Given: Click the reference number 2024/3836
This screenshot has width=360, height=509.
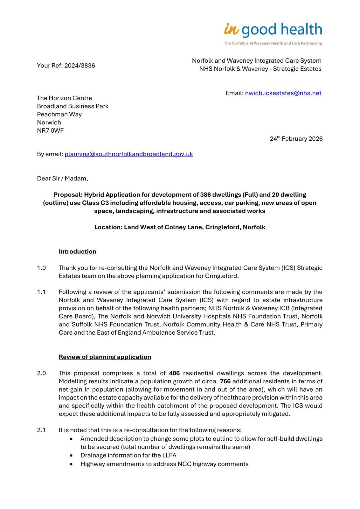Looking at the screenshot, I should coord(80,66).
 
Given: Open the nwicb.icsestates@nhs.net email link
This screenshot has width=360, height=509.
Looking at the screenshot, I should coord(283,93).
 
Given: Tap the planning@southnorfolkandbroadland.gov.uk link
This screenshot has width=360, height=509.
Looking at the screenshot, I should coord(129,154).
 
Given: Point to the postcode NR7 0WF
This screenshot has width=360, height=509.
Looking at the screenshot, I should coord(50,131).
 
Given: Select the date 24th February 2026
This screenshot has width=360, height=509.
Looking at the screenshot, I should coord(296,139).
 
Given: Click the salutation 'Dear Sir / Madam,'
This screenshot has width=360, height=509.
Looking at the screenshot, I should coord(63,178).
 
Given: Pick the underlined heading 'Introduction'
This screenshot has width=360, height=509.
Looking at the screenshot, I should coord(77,252).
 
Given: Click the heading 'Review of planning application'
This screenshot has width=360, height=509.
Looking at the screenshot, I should coord(105,357).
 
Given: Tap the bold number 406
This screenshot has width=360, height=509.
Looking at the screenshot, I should coord(175,373).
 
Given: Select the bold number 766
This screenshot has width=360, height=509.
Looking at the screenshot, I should coord(225,381).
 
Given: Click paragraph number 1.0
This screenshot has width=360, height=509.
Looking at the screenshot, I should coord(41,268).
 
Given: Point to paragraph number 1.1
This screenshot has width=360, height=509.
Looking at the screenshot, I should coord(41,292).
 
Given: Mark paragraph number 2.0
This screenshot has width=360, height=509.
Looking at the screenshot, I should coord(41,373).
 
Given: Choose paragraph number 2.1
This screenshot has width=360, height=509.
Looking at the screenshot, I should coord(41,430).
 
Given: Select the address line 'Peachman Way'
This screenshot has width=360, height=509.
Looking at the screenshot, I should coord(59,115).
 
